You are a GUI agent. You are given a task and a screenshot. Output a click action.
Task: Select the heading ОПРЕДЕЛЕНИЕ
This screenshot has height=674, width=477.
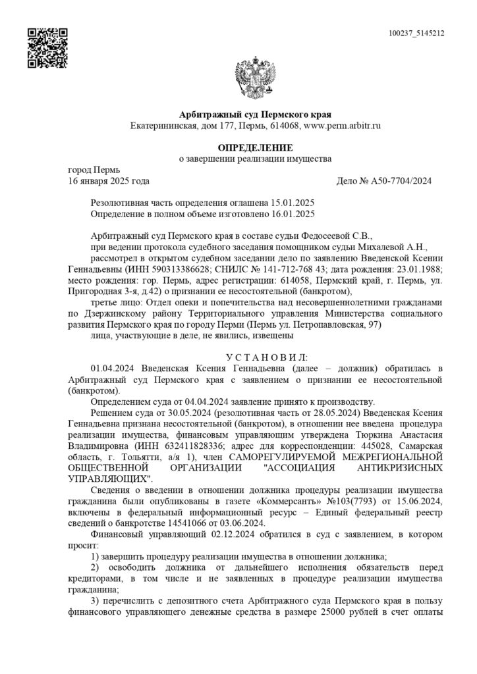[x=256, y=147]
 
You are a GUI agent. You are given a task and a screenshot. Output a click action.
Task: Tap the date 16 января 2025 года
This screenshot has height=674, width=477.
[x=109, y=181]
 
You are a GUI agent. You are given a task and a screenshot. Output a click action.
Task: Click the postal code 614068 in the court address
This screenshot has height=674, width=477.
[x=285, y=125]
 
